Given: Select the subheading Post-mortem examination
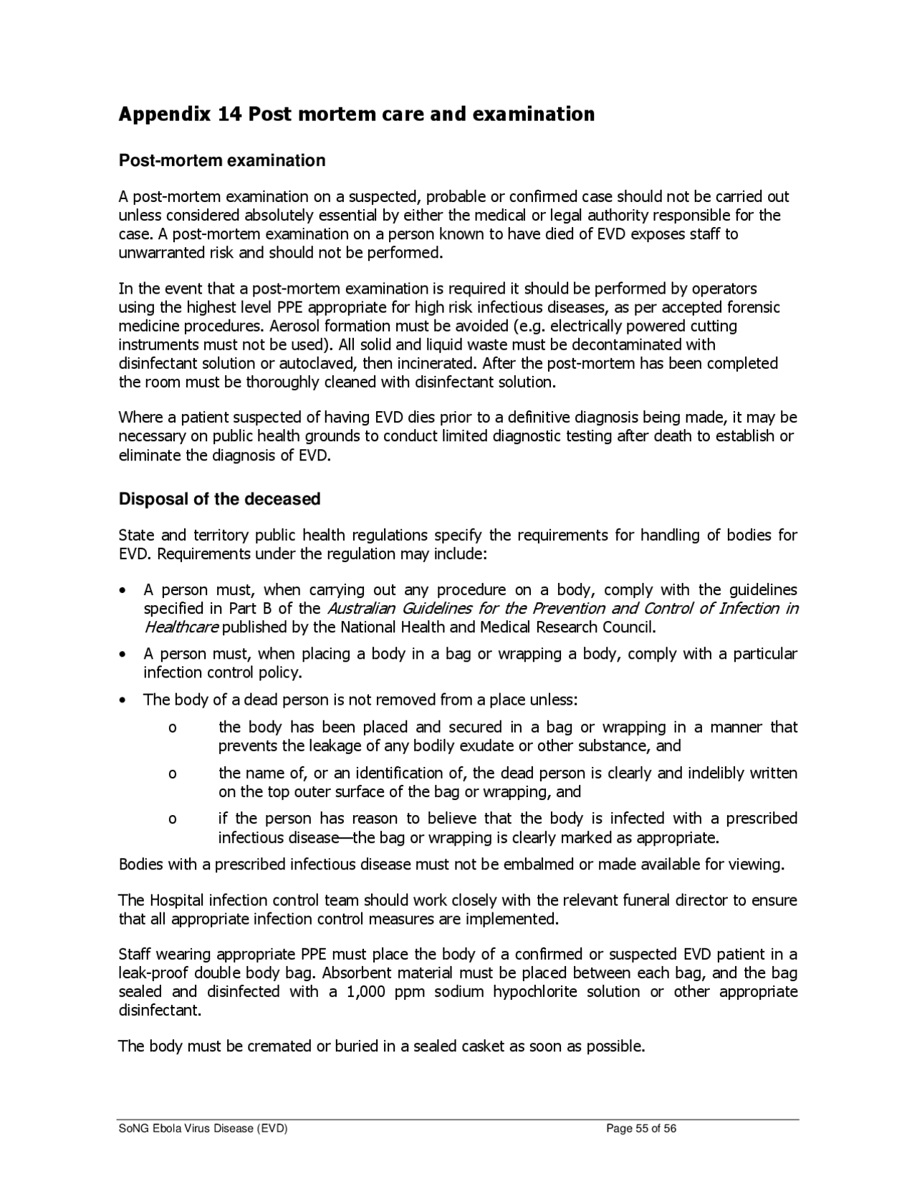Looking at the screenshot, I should pyautogui.click(x=222, y=160).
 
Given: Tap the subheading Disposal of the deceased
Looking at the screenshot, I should pyautogui.click(x=219, y=499).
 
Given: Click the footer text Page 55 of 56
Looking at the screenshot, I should pyautogui.click(x=641, y=1129).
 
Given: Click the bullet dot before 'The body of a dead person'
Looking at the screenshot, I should pyautogui.click(x=125, y=700).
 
